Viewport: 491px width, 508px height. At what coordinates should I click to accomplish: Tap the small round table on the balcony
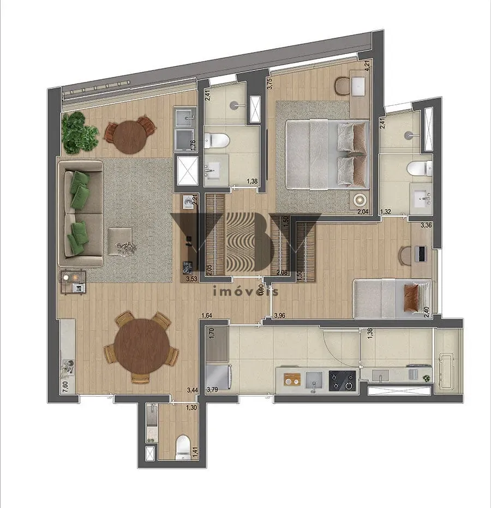tap(130, 135)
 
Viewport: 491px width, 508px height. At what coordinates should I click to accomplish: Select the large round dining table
tap(141, 346)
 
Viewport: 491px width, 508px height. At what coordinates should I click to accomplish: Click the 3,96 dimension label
tap(279, 315)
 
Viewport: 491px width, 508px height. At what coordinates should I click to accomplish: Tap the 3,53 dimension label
tap(191, 279)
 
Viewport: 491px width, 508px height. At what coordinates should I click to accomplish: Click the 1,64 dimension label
tap(207, 315)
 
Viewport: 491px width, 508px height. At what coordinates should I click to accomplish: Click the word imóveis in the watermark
tap(245, 291)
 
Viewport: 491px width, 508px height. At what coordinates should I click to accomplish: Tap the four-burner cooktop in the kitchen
tap(342, 380)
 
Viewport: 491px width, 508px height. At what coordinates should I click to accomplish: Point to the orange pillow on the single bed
tap(412, 299)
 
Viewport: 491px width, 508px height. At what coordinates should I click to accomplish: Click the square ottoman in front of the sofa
tap(120, 241)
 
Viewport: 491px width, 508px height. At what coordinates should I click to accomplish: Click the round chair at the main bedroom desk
tap(342, 85)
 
